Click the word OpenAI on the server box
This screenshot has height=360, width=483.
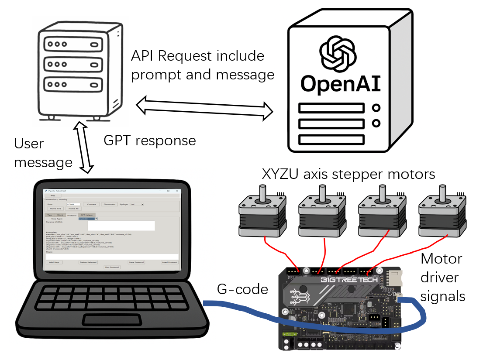(x=341, y=84)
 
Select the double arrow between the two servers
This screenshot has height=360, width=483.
(x=205, y=107)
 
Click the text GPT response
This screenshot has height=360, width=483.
(x=150, y=141)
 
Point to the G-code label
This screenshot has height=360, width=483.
(x=242, y=289)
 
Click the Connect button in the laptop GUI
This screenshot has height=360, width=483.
(x=91, y=204)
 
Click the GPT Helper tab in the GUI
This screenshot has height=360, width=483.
(x=86, y=215)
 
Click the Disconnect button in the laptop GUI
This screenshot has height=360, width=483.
(x=109, y=204)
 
